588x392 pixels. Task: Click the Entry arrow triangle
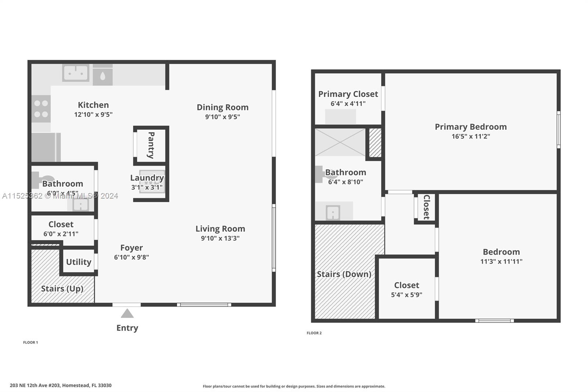(x=127, y=313)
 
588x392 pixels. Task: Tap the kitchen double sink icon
(x=76, y=73)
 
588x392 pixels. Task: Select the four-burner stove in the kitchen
(x=41, y=109)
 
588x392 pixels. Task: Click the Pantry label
(x=151, y=145)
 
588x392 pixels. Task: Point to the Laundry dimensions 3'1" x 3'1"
(x=147, y=187)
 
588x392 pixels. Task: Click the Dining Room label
(x=222, y=107)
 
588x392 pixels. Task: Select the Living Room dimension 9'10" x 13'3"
(x=220, y=238)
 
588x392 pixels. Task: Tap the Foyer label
(x=131, y=247)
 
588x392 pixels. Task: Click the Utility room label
(x=78, y=262)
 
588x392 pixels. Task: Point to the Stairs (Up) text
(x=62, y=288)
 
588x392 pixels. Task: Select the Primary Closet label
(x=348, y=94)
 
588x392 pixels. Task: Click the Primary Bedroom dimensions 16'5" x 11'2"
(x=471, y=136)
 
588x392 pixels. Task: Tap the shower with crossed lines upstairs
(x=340, y=142)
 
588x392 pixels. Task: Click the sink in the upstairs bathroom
(x=333, y=212)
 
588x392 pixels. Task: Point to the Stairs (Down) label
(x=344, y=274)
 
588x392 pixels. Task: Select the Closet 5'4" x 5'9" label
(x=406, y=285)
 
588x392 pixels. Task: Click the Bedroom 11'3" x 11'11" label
(x=501, y=252)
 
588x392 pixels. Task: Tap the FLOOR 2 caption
(x=314, y=333)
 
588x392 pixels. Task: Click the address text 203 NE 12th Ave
(x=61, y=385)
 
